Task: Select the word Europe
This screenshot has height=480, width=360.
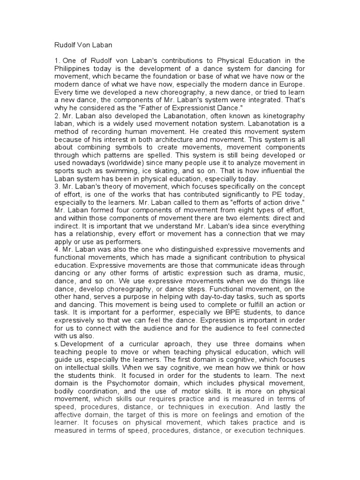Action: click(x=292, y=84)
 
